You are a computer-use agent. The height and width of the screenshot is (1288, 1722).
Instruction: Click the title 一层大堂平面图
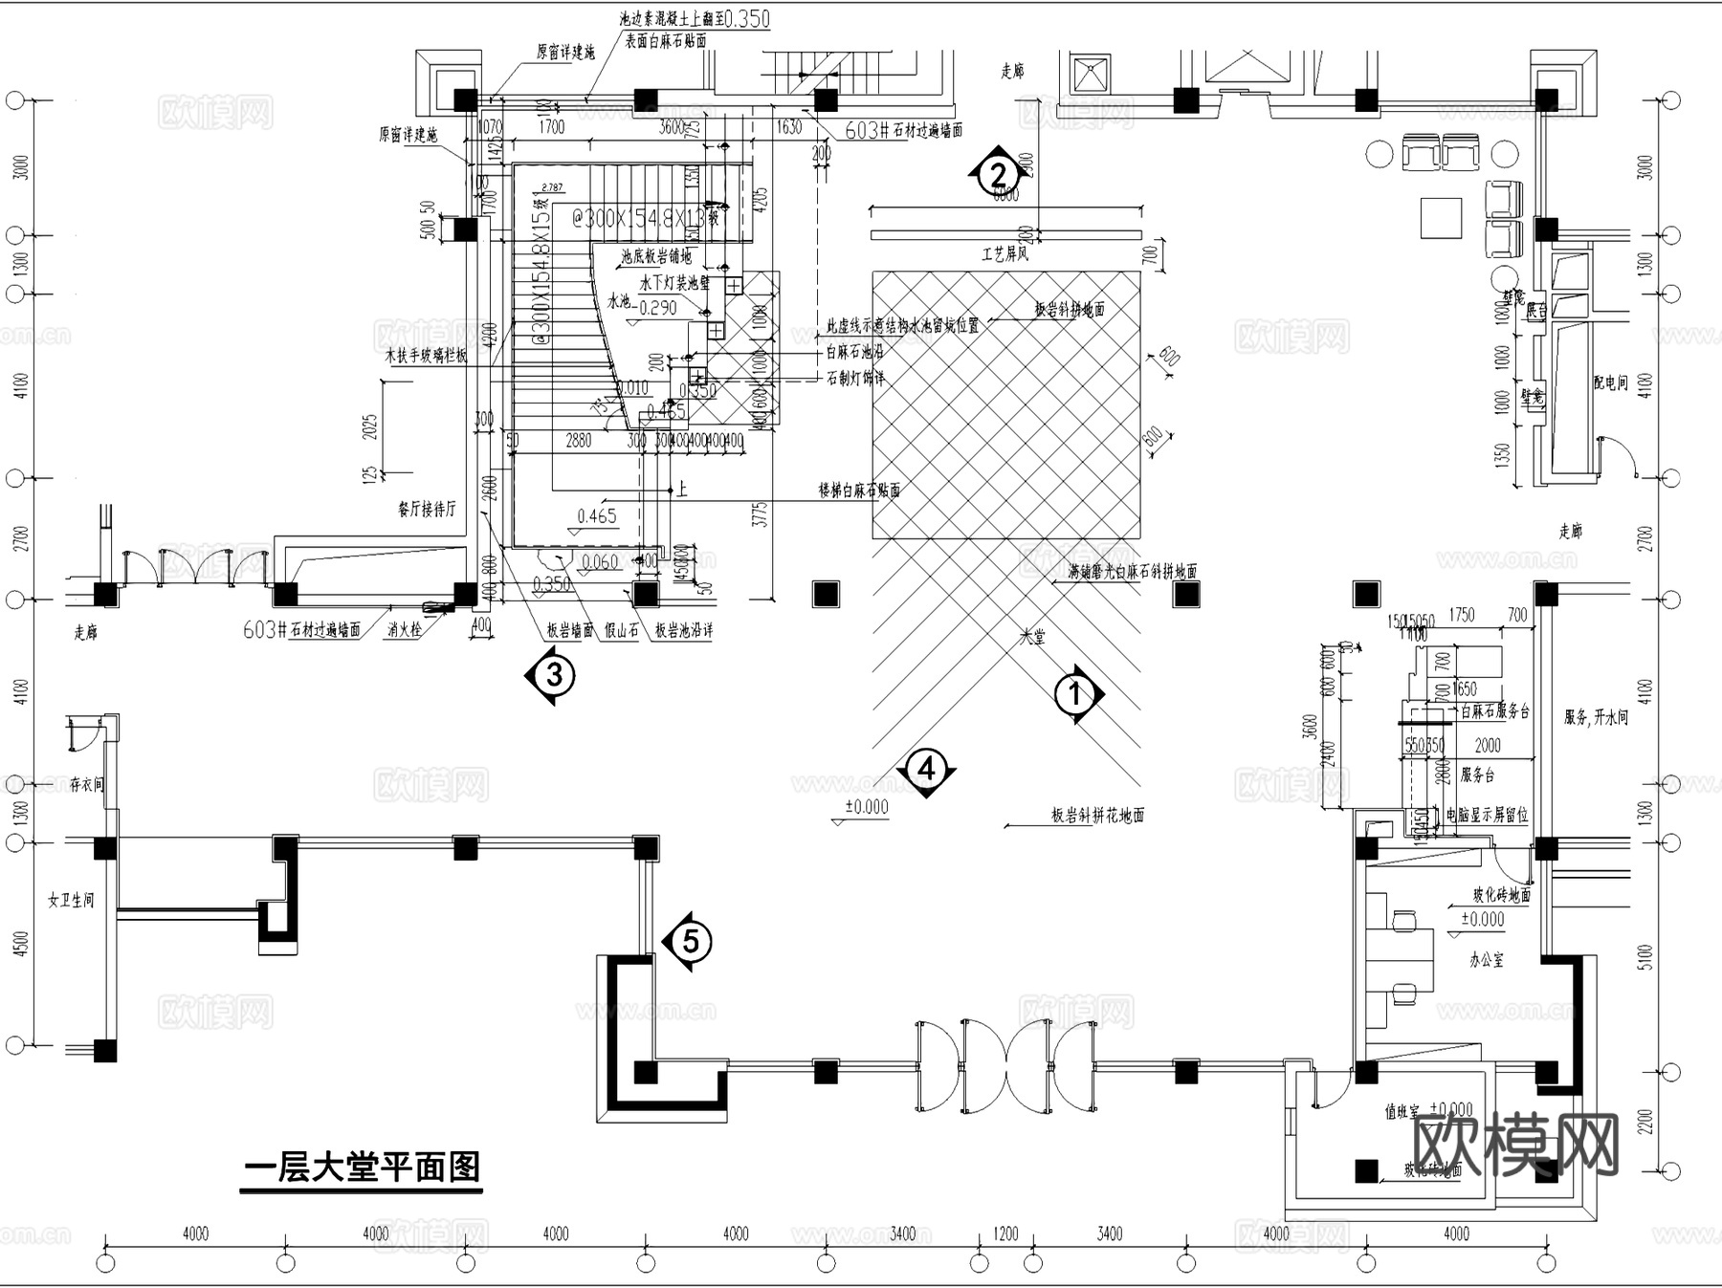click(362, 1168)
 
